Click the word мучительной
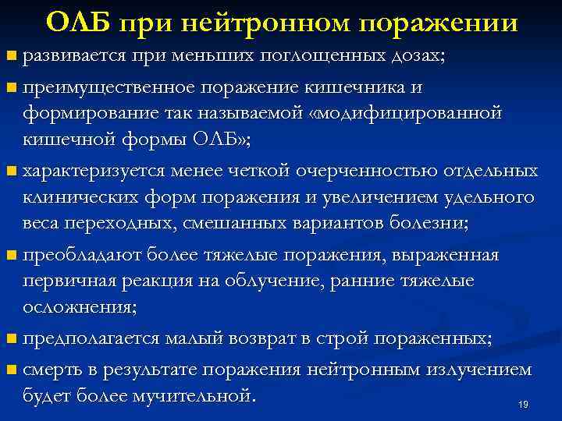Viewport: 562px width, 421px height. coord(197,396)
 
